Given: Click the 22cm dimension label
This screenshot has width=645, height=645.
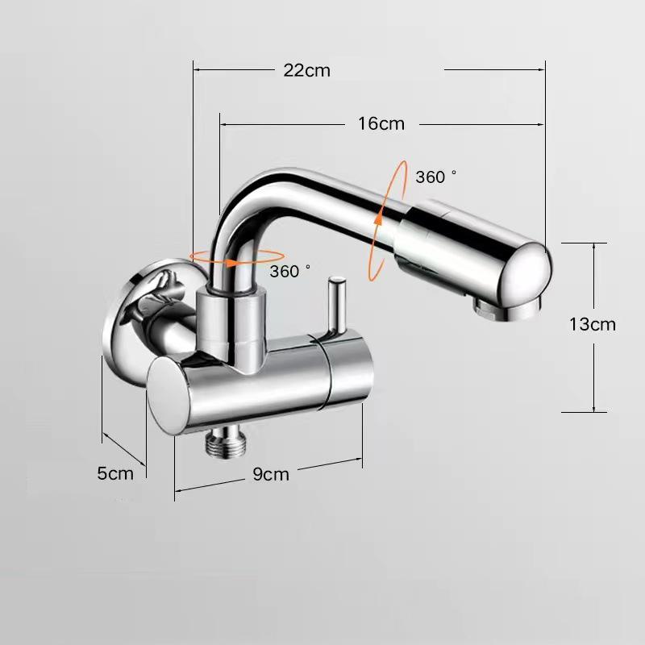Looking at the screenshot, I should point(306,70).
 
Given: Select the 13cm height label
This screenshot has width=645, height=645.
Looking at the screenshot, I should point(592,324).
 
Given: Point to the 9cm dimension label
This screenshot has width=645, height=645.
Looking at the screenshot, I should point(270,474).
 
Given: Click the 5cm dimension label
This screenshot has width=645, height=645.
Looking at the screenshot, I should point(115,473).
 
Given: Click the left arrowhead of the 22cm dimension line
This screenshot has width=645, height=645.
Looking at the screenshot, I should point(196,70).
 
